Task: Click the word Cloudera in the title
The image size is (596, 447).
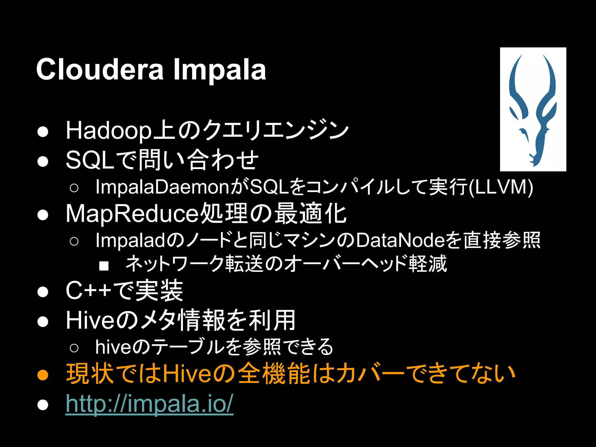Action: [100, 70]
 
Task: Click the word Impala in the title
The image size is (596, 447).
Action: [219, 70]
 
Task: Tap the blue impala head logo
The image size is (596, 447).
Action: [533, 109]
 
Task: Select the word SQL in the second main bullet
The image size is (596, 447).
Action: [90, 160]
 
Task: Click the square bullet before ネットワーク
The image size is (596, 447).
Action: [104, 266]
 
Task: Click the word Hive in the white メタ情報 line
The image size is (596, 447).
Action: [91, 320]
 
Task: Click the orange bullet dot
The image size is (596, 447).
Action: [43, 375]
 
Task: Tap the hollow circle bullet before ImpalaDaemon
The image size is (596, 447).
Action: [74, 188]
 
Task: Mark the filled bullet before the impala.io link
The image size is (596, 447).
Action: [43, 405]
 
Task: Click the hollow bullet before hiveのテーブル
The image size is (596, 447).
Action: [74, 348]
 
